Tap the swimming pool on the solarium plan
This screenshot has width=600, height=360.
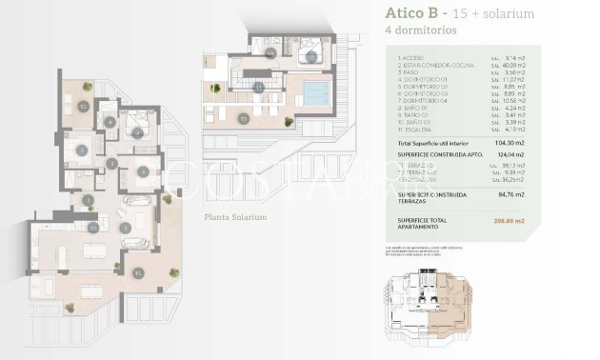[x=314, y=93]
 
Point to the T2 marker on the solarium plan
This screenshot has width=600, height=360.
[x=245, y=119]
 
